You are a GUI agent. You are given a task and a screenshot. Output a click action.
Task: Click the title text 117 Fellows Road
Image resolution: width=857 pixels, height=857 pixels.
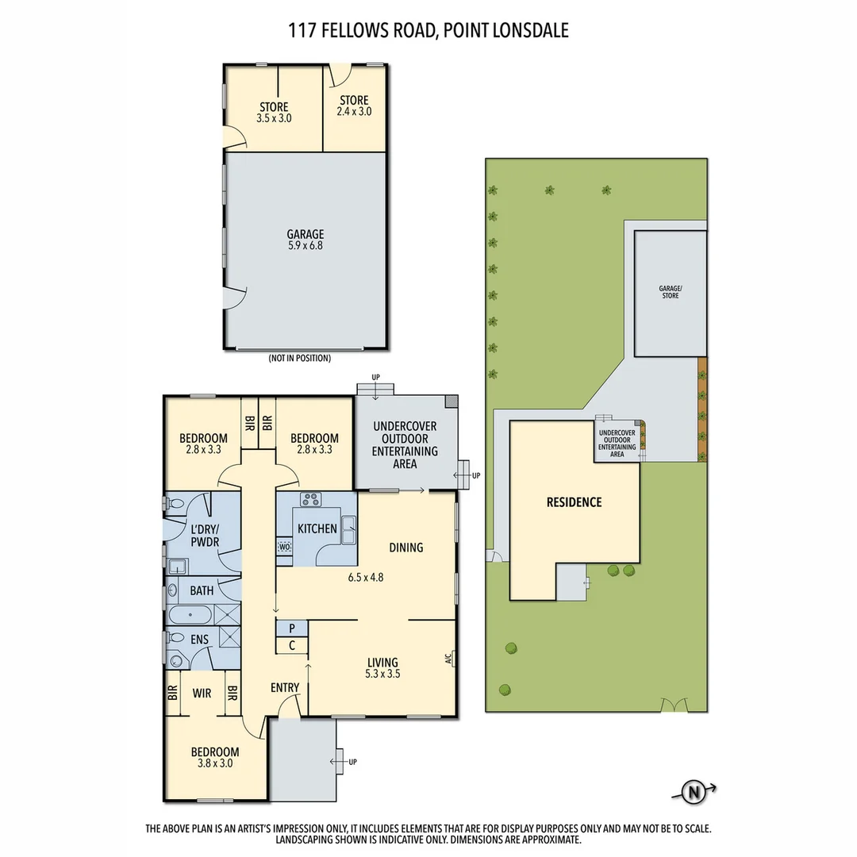pos(428,31)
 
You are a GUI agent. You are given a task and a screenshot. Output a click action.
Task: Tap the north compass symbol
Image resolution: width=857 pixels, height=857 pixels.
pos(694,790)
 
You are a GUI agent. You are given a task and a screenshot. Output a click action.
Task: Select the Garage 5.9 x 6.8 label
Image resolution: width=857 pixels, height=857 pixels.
pos(306,240)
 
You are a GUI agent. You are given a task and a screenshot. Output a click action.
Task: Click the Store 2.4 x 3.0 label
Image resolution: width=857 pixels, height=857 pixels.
pos(354,106)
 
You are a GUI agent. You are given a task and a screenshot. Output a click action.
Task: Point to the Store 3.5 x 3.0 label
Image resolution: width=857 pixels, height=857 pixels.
pos(274,112)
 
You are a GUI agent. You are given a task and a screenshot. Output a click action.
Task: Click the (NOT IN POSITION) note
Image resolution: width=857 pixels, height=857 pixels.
pos(299,358)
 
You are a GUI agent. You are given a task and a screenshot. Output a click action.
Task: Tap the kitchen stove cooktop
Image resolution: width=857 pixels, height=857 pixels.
pos(309,500)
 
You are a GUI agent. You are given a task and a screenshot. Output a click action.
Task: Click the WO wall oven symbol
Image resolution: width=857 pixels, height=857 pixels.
pos(284,546)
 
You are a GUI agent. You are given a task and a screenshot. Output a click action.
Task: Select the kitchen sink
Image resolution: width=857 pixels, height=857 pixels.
pos(348,529)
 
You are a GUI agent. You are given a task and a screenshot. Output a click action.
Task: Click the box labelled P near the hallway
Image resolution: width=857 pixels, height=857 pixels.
pos(292,628)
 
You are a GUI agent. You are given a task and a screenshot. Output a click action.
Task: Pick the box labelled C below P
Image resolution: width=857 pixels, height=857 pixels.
pos(292,645)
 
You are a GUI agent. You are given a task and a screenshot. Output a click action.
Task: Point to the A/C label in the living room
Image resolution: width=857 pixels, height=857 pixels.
pos(448,658)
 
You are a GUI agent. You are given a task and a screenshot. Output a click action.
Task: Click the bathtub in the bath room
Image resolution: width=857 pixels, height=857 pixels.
pos(190,615)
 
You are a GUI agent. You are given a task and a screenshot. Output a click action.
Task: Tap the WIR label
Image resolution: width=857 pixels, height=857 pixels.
pos(202,693)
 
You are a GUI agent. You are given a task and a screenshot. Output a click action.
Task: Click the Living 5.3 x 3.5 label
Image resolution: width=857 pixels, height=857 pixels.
pos(382,669)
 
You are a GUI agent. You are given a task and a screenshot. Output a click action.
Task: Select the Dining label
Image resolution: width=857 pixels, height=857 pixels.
pos(406,547)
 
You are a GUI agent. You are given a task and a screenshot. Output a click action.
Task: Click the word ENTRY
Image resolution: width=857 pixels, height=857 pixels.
pos(285,687)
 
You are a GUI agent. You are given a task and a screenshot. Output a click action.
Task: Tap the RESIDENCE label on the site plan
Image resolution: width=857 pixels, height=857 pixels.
pos(574,502)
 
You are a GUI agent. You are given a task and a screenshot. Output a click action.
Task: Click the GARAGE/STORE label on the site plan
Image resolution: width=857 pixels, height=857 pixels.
pos(670,292)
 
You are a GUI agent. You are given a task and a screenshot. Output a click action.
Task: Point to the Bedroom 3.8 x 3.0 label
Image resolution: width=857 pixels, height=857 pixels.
pos(214,758)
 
